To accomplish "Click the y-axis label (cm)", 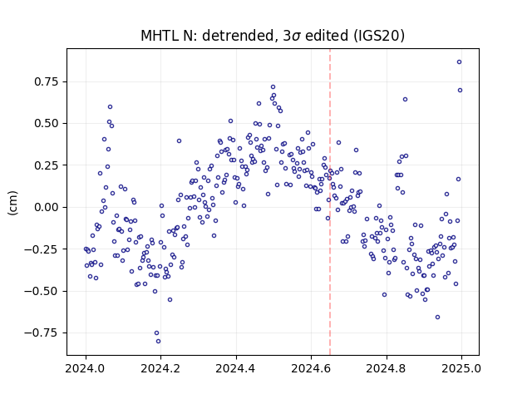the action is point(12,203).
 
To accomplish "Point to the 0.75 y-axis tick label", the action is point(47,81).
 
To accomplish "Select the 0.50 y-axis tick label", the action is point(47,124).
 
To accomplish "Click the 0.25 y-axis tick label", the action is point(47,165).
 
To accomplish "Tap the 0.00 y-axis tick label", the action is point(47,207).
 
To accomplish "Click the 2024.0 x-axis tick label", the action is point(86,368).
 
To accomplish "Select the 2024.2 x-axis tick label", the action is point(160,368).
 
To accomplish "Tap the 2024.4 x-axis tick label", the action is point(236,368).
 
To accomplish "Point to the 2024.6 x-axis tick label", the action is point(311,368).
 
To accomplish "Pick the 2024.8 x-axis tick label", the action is point(386,368).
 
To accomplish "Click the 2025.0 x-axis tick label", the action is point(461,368).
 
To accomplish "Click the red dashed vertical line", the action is point(330,202).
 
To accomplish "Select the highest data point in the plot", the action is point(459,62).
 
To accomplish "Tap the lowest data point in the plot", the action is point(158,342).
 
